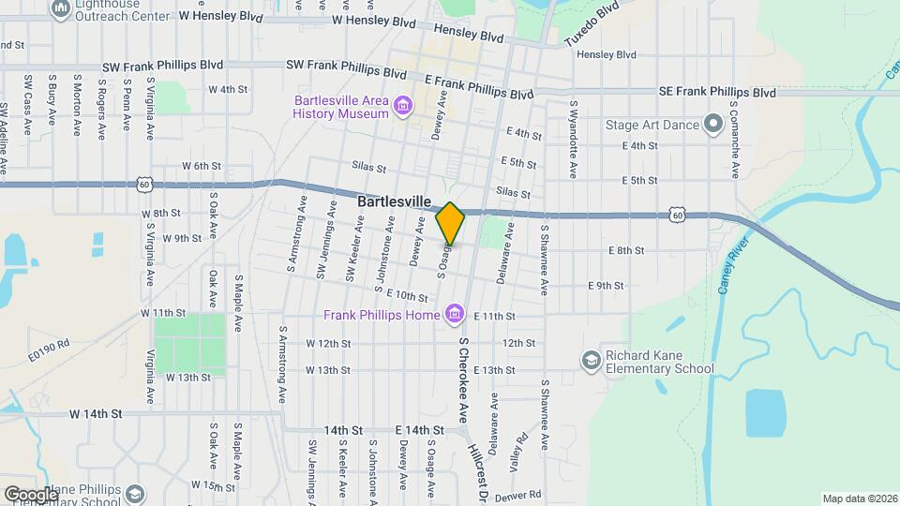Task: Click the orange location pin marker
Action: [451, 223]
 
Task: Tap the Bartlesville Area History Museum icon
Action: [403, 104]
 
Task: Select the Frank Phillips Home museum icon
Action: [455, 312]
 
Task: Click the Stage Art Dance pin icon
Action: [712, 122]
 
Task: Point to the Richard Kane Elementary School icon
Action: [591, 360]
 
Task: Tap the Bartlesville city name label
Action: [394, 201]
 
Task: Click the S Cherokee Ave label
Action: [462, 379]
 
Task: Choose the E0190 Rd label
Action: [49, 350]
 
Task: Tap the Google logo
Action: [30, 494]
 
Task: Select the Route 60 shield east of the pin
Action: [677, 216]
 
